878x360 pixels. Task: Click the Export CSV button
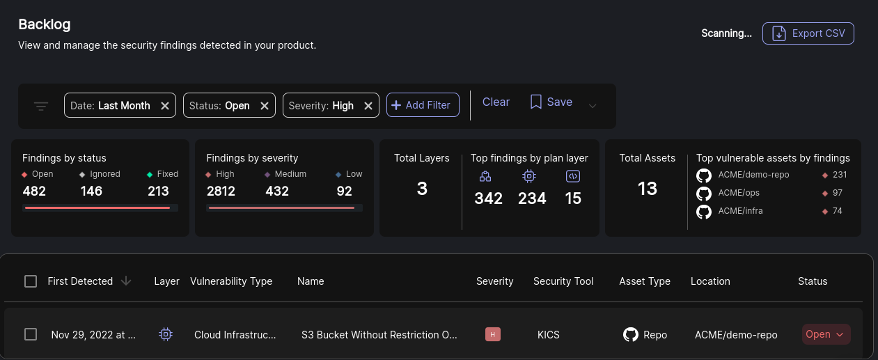808,33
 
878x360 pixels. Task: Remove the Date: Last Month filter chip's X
165,106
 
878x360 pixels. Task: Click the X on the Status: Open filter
265,106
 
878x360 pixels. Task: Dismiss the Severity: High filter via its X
368,106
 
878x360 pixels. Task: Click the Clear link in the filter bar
496,102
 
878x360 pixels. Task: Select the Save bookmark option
551,102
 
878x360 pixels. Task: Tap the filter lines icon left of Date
41,106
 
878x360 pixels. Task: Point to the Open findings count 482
34,191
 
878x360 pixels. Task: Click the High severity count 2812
221,191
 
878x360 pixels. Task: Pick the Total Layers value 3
422,189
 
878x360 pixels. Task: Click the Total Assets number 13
648,189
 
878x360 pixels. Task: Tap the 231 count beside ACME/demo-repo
839,175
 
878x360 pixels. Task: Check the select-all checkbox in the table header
31,281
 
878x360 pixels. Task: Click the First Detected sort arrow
126,281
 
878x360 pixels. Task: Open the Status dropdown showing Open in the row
826,335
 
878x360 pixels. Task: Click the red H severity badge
493,335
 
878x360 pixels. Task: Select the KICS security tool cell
548,335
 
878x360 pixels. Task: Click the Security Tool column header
563,281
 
